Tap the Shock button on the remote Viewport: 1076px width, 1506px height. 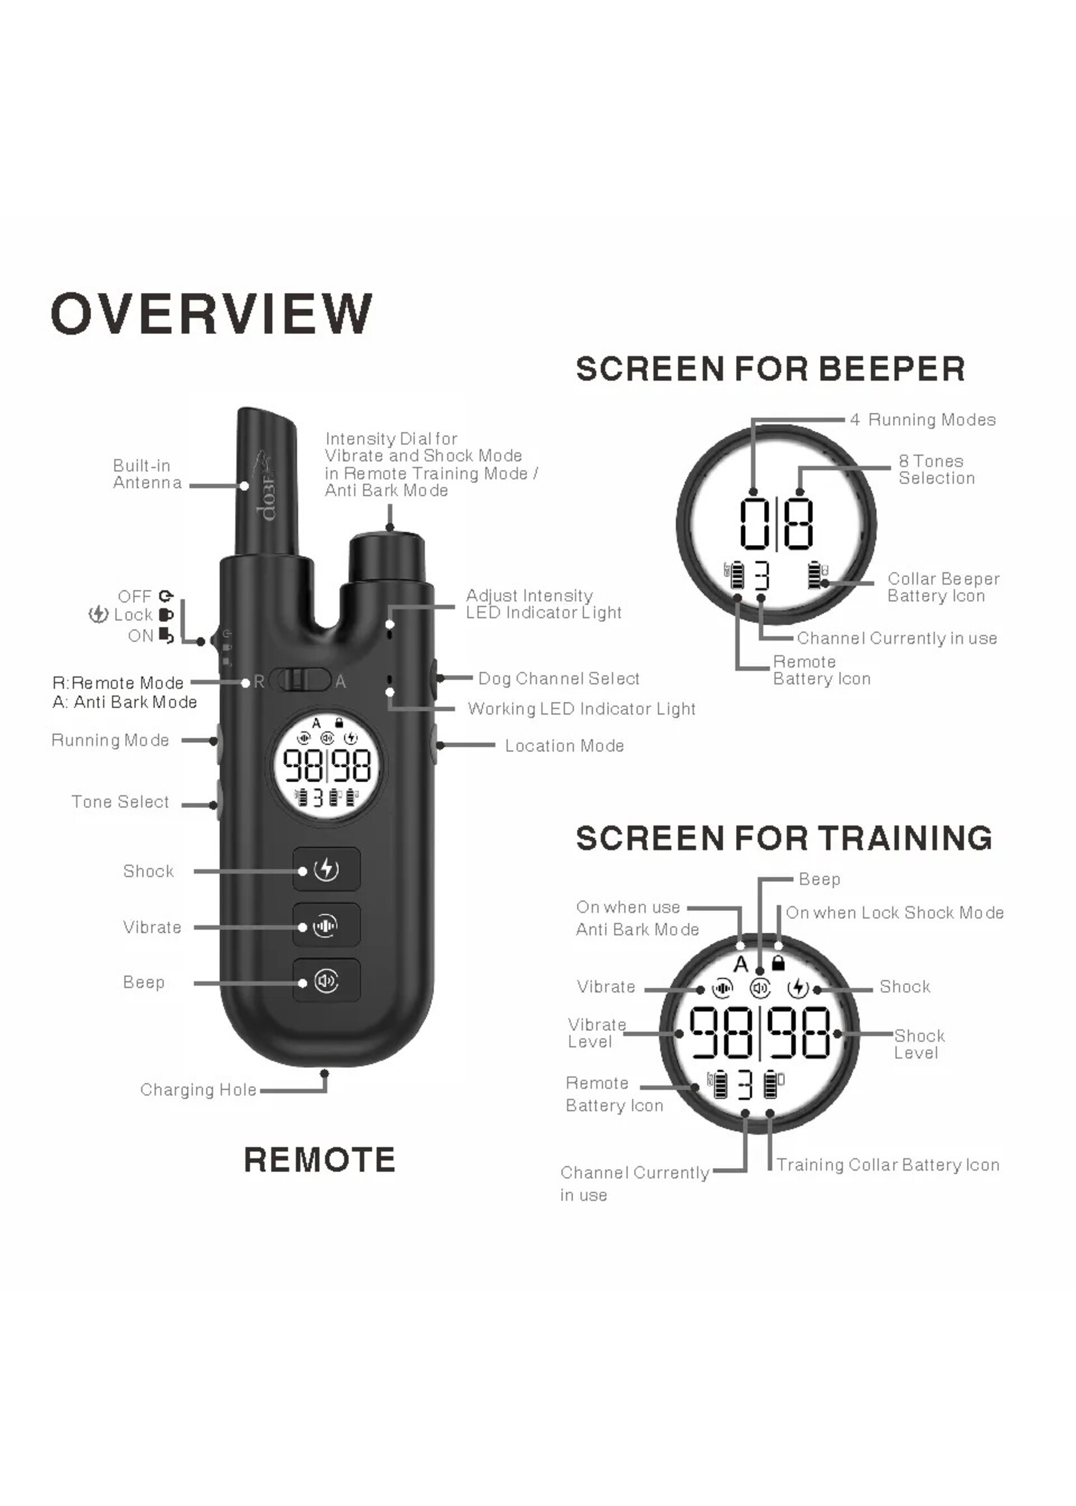tap(327, 869)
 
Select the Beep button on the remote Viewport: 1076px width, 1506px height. tap(327, 980)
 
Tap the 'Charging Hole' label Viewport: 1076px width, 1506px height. tap(198, 1089)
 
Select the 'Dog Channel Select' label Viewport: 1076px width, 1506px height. tap(559, 678)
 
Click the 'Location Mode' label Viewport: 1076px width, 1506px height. tap(565, 746)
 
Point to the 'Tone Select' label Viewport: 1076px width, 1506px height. tap(120, 802)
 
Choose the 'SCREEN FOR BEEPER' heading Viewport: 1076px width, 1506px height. tap(771, 369)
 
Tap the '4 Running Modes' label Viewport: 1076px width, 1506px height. tap(923, 419)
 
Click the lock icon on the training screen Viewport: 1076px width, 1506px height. tap(778, 963)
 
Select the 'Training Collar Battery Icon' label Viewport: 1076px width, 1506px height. tap(888, 1164)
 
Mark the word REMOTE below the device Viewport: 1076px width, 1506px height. tap(320, 1160)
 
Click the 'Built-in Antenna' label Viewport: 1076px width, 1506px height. tap(147, 473)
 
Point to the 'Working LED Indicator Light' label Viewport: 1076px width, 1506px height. tap(582, 708)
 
